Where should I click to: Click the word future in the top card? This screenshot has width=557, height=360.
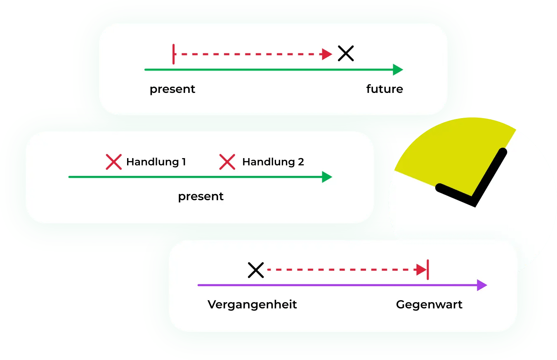coord(384,89)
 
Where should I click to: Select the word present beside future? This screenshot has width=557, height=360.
coord(172,89)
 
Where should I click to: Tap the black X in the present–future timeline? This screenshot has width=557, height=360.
coord(346,54)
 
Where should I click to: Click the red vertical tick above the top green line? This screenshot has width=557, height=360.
coord(174,54)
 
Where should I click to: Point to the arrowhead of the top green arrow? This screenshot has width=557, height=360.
coord(398,70)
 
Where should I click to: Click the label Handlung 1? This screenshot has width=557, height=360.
coord(156,162)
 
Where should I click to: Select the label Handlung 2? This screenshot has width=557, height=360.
coord(273,162)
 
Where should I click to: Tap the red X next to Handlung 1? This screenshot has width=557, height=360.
coord(113,162)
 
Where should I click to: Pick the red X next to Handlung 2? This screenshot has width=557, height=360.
coord(227,162)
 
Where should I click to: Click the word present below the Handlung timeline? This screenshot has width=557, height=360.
coord(201,197)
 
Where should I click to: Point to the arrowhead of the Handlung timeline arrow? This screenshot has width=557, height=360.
coord(327,177)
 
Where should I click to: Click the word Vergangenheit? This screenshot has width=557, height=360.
coord(252,305)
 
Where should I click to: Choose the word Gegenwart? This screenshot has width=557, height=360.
coord(429,305)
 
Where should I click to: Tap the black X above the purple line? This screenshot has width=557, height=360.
coord(256,270)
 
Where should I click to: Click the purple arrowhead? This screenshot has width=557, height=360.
coord(482,285)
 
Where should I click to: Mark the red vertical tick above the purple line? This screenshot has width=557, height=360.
coord(428,270)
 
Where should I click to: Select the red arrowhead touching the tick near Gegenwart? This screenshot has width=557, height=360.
coord(421,270)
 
